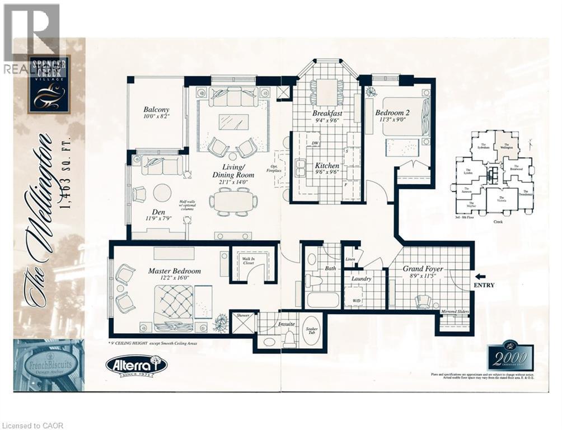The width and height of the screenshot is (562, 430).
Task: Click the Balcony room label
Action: [156, 110]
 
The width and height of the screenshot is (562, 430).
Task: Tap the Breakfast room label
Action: [327, 114]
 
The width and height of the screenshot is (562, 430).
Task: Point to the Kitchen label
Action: [327, 166]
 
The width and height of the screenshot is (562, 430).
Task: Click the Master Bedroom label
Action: [174, 272]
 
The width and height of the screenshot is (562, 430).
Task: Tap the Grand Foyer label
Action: [424, 269]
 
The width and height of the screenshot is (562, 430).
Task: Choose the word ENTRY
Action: [484, 285]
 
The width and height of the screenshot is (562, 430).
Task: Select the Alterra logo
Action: [136, 365]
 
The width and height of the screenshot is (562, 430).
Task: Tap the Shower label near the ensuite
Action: [243, 315]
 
